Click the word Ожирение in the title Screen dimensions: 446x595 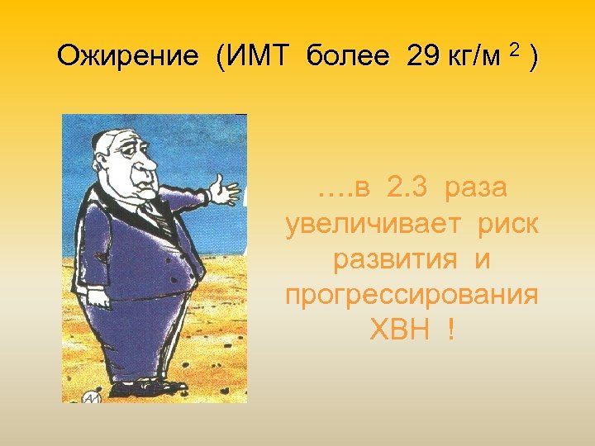click(127, 57)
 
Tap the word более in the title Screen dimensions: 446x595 click(347, 57)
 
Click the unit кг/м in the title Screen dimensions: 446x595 click(480, 57)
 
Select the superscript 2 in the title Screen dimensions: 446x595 click(516, 51)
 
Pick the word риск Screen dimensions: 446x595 click(501, 225)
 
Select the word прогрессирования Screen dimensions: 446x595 click(412, 295)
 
